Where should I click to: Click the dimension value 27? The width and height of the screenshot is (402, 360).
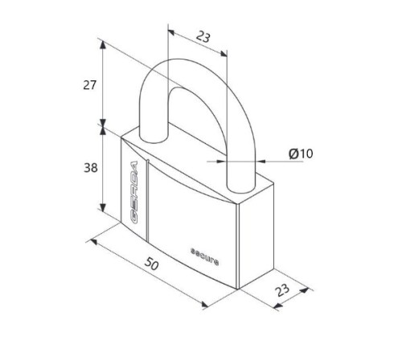[x=89, y=85]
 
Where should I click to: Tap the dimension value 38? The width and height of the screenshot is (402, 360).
[x=91, y=168]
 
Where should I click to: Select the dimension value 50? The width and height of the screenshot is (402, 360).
[x=151, y=264]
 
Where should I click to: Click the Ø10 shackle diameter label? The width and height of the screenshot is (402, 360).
[x=301, y=153]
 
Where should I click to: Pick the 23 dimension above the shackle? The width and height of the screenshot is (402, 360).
[x=203, y=37]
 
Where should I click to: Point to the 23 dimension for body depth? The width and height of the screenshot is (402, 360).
[x=282, y=290]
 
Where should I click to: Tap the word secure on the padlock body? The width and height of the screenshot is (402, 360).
[x=204, y=256]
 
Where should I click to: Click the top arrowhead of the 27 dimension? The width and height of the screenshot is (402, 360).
[x=103, y=45]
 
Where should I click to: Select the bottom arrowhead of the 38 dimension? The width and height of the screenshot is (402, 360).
[x=103, y=207]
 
